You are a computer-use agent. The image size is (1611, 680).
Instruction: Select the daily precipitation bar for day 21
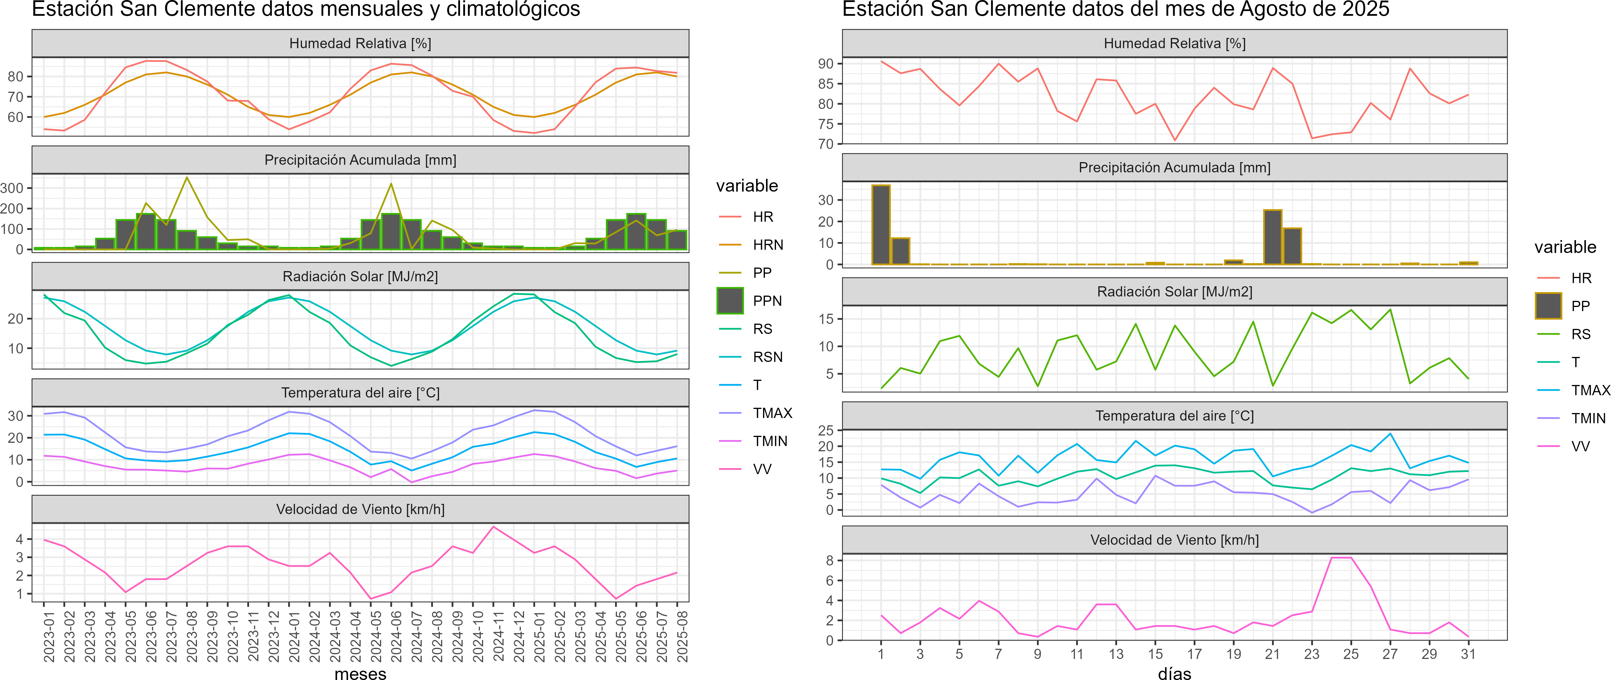pos(1273,237)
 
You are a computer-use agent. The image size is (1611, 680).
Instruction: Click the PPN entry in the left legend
pos(767,301)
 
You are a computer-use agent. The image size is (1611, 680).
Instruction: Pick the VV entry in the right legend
pos(1580,446)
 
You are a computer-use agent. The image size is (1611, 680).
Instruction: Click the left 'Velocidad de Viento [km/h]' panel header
pos(360,509)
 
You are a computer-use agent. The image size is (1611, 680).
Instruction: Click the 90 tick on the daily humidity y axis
pos(825,64)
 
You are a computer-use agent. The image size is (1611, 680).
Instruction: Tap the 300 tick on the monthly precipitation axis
pos(12,188)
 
